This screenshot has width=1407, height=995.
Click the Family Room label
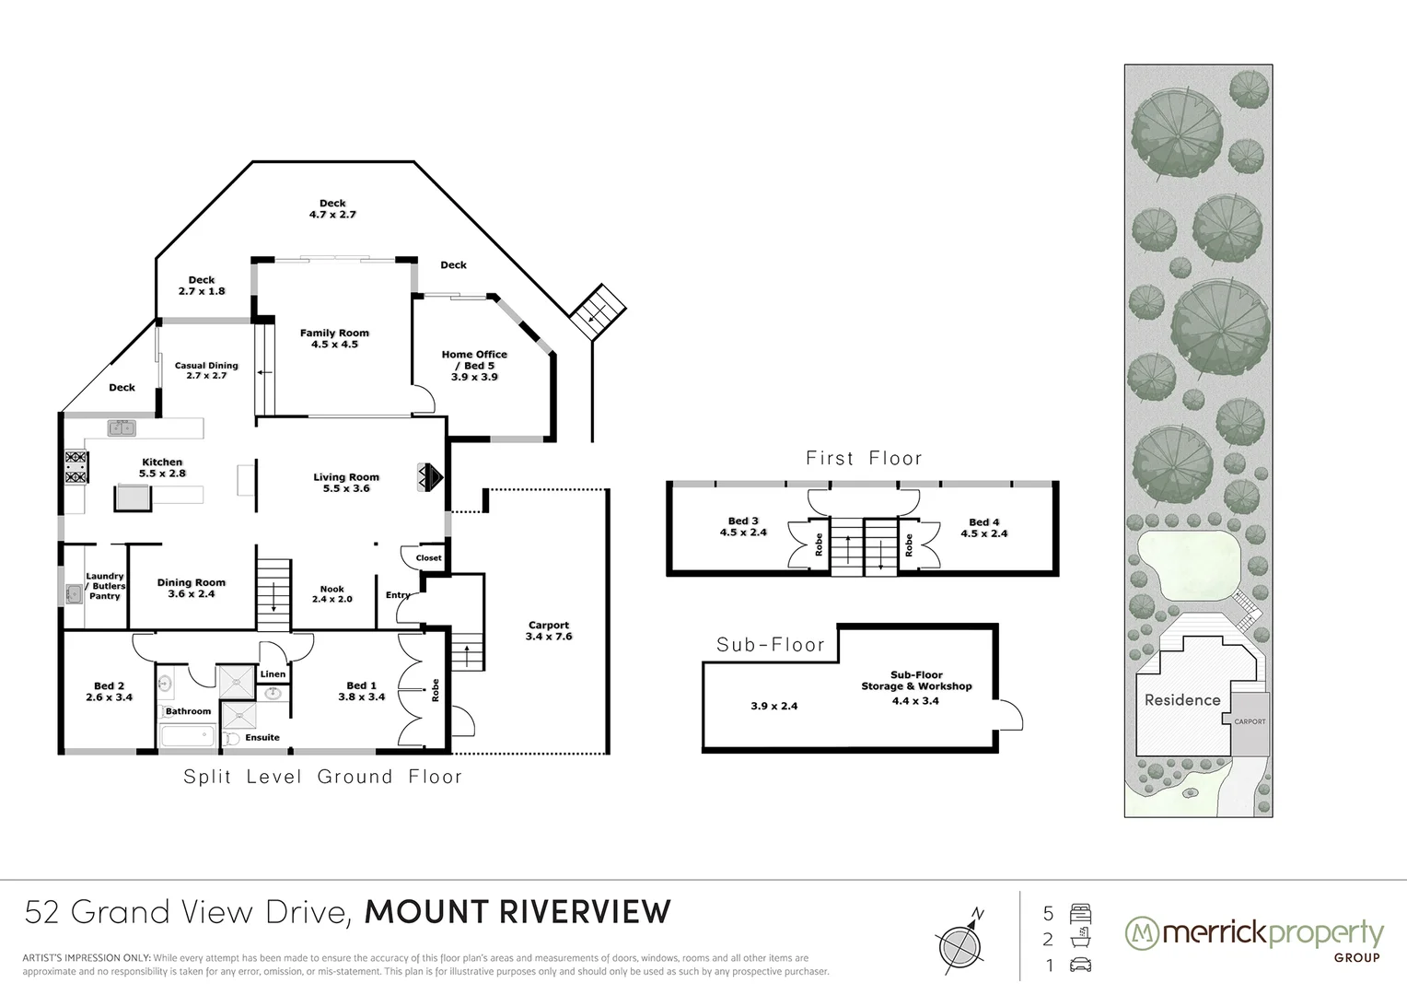334,338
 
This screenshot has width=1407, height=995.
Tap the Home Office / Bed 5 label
474,365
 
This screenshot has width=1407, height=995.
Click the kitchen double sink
122,427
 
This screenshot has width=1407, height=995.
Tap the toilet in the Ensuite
232,739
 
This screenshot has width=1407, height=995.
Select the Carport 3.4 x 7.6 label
549,630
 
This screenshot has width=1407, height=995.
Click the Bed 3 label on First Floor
743,526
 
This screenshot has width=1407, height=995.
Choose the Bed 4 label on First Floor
984,527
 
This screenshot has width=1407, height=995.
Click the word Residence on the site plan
1182,700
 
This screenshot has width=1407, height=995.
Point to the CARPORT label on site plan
1250,721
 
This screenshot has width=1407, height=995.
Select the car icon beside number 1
1080,966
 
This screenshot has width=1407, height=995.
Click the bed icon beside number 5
1080,914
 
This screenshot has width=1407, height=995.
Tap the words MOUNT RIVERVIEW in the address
518,911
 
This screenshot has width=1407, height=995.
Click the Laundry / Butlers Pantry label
105,586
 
